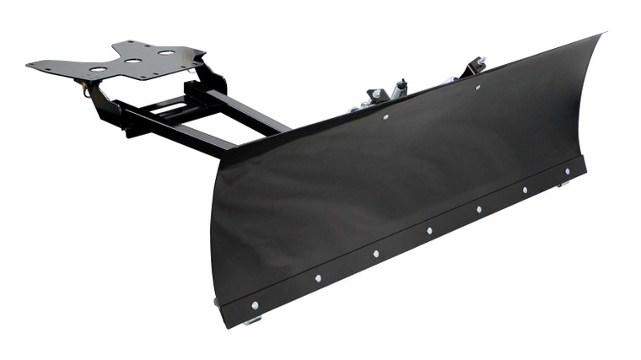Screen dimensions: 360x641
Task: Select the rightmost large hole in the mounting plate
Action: click(165, 53)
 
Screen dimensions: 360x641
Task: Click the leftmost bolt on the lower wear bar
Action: click(255, 304)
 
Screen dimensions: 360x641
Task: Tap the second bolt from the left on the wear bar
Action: click(318, 277)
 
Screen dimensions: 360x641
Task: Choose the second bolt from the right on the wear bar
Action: click(524, 190)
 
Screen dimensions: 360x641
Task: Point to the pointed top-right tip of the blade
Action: click(602, 35)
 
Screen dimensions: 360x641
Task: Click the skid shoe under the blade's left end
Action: click(252, 320)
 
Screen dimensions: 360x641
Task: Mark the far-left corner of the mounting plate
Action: click(28, 63)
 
